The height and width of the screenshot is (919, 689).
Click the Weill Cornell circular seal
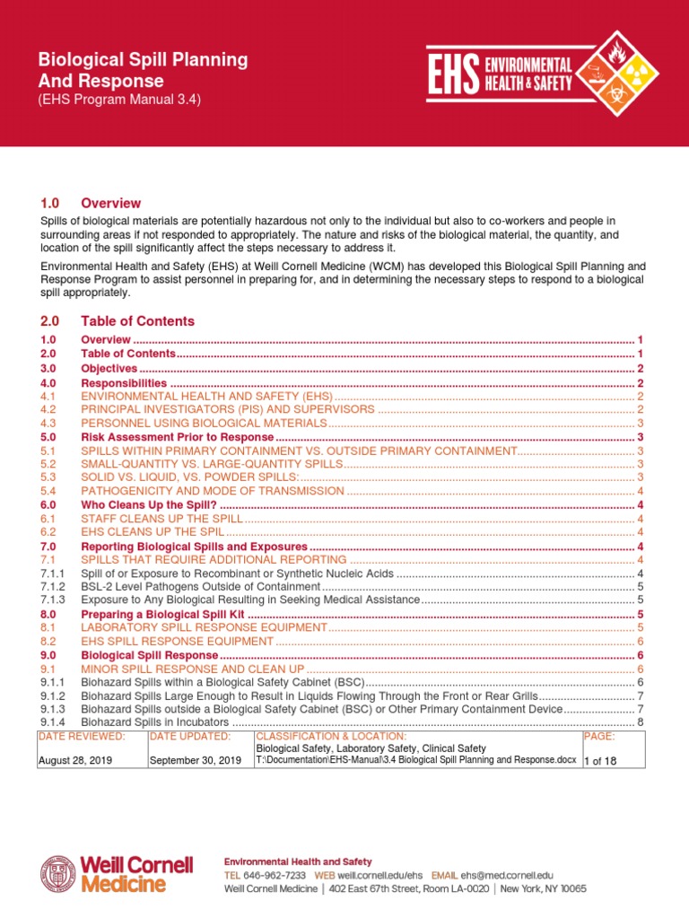click(58, 874)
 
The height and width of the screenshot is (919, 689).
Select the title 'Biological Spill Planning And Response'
click(143, 71)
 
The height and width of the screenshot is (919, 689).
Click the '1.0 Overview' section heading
click(91, 203)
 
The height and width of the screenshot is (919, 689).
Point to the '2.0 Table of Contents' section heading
click(118, 320)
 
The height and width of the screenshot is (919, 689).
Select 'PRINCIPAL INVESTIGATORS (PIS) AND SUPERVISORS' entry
click(226, 409)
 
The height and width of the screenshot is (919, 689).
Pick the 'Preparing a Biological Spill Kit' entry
click(162, 614)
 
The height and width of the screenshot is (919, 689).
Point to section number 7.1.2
click(54, 586)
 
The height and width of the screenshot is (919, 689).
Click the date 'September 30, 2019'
click(195, 760)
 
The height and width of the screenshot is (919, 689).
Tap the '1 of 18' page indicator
click(601, 760)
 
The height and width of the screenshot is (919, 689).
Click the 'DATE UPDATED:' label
click(190, 736)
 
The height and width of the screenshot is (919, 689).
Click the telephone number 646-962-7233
click(273, 874)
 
